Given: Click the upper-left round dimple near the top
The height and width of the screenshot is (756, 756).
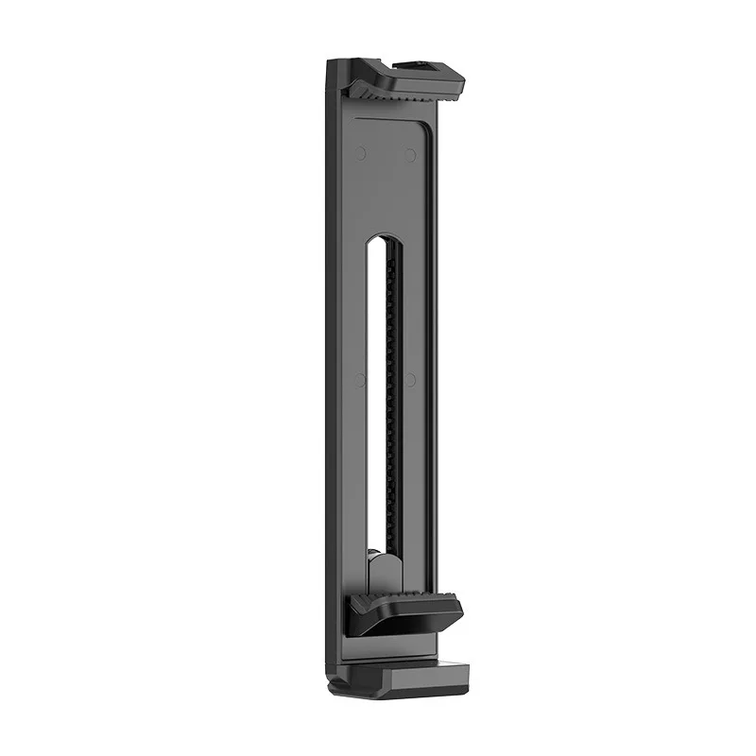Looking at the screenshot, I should point(361,152).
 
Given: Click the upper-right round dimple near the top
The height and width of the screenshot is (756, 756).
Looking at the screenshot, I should point(411,154).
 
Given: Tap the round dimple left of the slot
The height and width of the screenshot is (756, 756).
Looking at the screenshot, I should point(360,380).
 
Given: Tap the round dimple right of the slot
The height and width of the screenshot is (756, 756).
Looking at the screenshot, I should point(410,380).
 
